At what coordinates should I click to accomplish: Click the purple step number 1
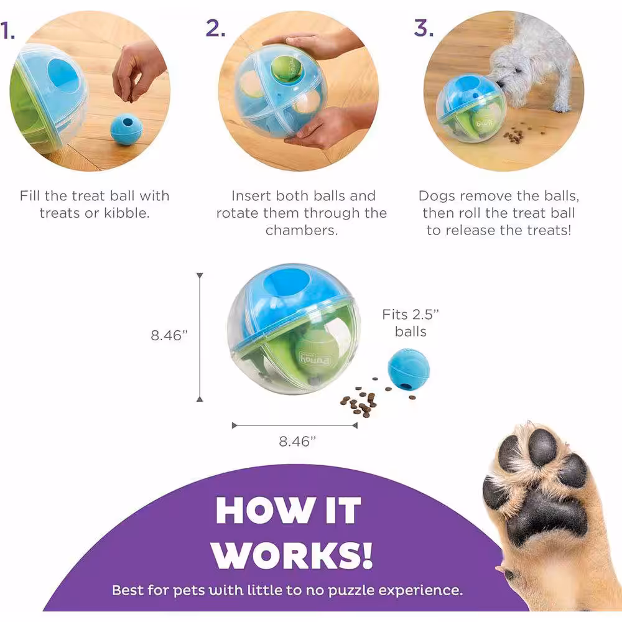tap(7, 30)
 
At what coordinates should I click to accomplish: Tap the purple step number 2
tap(215, 28)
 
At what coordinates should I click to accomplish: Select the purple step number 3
tap(423, 28)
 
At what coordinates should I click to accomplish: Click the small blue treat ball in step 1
tap(126, 128)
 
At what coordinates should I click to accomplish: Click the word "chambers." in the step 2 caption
tap(302, 230)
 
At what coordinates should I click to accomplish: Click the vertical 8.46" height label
tap(169, 335)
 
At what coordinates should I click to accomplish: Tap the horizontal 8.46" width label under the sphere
tap(297, 441)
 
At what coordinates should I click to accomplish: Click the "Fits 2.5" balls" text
tap(411, 323)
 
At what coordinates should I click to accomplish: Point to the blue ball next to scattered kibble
tap(409, 369)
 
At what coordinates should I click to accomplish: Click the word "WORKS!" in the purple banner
tap(292, 555)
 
